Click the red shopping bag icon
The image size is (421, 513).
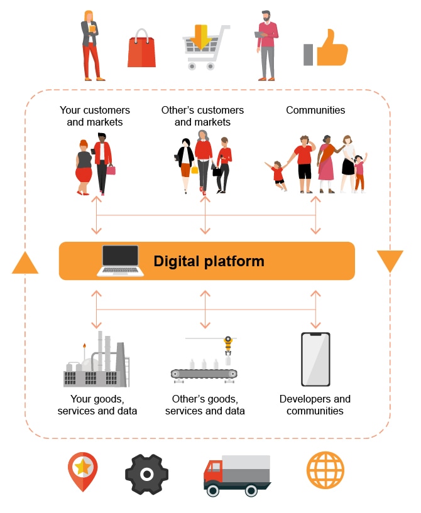tap(141, 50)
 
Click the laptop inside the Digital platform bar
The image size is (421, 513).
tap(119, 260)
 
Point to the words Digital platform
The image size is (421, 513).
tap(209, 261)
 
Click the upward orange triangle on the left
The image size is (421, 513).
tap(25, 263)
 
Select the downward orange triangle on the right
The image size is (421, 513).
tap(390, 261)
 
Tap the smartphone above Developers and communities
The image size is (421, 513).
tap(315, 359)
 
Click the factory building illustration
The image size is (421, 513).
tap(96, 364)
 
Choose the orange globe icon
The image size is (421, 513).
tap(325, 470)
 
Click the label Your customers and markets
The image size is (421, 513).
tap(95, 116)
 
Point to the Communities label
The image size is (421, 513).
tap(315, 110)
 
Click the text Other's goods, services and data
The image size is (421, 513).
tap(205, 405)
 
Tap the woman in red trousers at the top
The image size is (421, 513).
tap(92, 45)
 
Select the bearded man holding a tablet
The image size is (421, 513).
tap(266, 45)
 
